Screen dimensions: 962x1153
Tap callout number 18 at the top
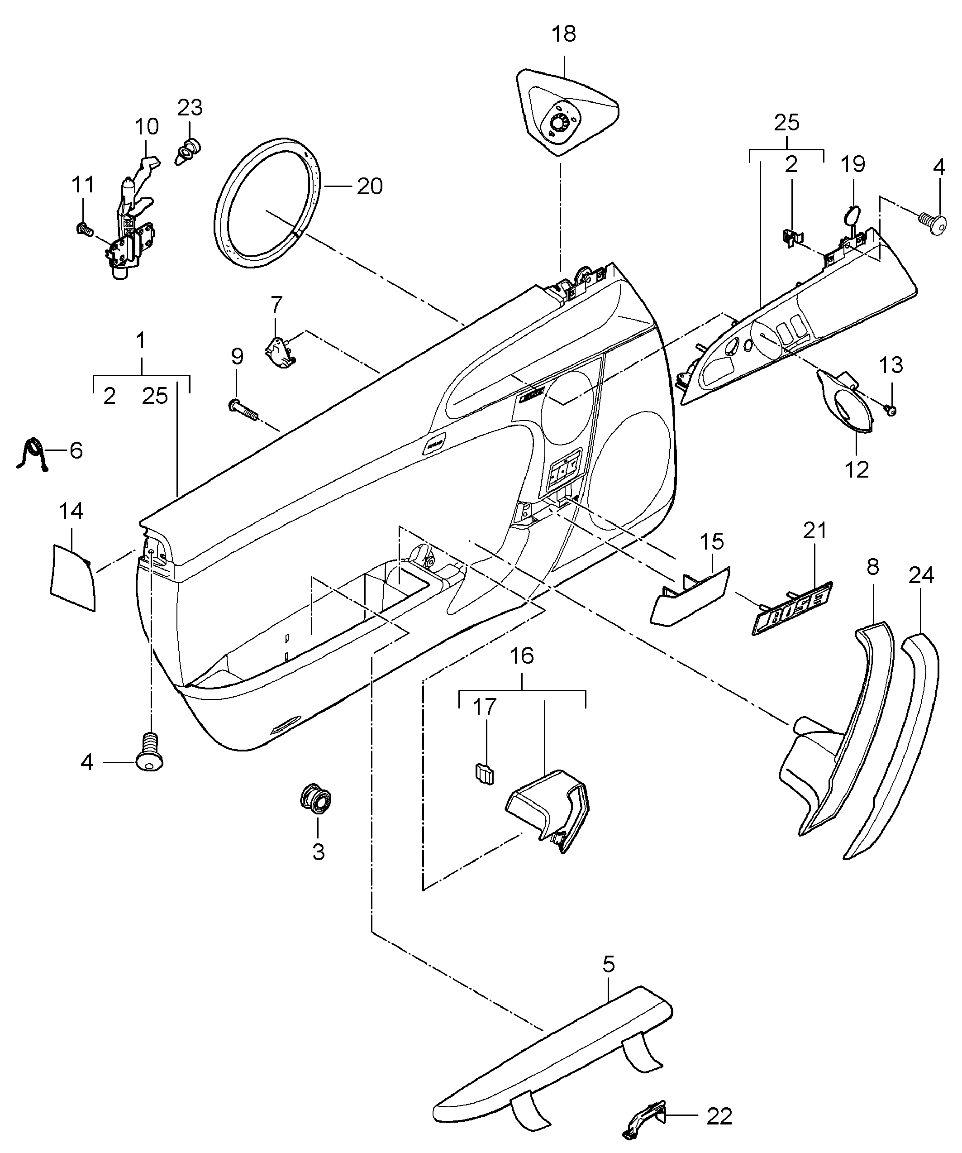point(564,34)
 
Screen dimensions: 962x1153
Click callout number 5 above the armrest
point(609,964)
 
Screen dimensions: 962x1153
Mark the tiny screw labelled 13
point(890,410)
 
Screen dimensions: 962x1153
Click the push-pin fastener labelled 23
point(188,150)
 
